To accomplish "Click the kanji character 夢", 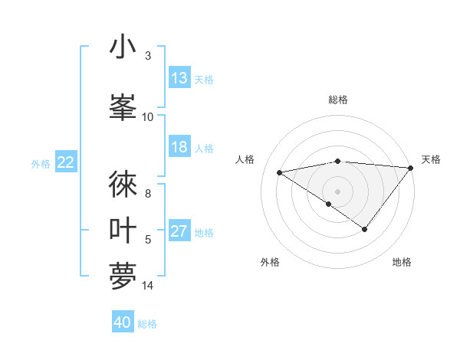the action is click(123, 275).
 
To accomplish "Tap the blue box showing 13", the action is click(179, 78).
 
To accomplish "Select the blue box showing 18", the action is click(179, 147).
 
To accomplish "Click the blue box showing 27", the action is click(179, 232).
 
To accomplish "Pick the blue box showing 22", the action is click(66, 162).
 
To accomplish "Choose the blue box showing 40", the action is click(123, 322).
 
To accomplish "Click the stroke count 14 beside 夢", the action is click(148, 286).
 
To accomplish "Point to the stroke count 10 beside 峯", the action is click(148, 116).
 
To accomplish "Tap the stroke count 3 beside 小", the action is click(148, 56).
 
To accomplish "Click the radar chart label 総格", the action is click(338, 100).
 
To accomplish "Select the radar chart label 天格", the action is click(431, 159).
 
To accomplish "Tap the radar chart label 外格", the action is click(270, 262).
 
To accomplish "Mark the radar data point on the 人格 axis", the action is click(280, 172).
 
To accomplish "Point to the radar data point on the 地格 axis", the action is click(365, 229).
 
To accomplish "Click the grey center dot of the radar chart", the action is click(337, 191).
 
